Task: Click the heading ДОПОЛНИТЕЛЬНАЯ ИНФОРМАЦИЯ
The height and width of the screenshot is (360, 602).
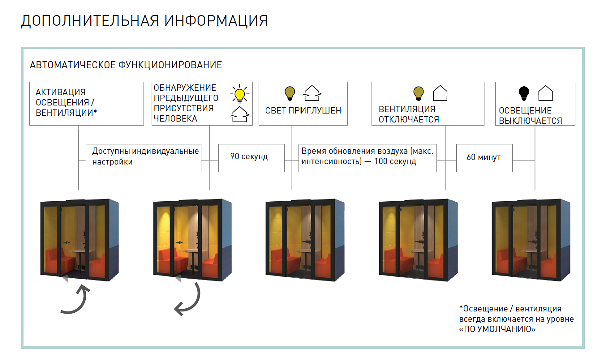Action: pos(144,21)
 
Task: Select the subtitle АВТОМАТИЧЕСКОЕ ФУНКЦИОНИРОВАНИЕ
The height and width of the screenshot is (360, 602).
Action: pos(126,65)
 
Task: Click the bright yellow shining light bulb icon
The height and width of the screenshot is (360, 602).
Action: pos(239,94)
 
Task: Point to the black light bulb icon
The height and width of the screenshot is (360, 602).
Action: pos(524,93)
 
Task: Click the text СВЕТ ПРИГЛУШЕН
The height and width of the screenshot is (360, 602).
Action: pos(303,110)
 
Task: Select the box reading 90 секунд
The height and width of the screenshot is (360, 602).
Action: pos(249,157)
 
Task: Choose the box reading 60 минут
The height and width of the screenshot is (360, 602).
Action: pos(484,157)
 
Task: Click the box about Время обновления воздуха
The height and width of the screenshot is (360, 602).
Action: pos(367,156)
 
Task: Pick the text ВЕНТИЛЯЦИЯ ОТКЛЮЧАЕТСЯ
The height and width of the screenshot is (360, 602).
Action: pos(409,114)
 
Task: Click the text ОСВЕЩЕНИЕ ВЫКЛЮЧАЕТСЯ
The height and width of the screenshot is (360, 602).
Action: pos(531,115)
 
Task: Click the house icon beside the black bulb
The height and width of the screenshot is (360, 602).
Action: pos(546,93)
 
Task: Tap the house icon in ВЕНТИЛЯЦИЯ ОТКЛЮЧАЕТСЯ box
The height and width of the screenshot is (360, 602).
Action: pos(440,93)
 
